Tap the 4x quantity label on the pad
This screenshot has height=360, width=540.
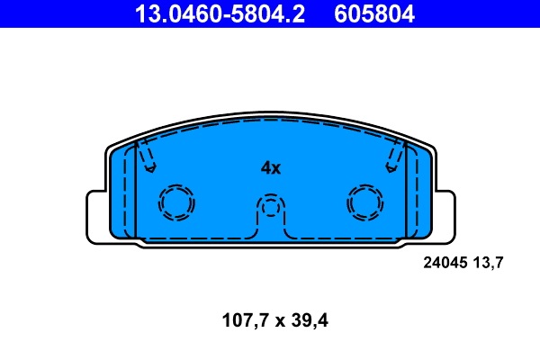pyautogui.click(x=271, y=167)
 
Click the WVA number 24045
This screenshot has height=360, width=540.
pyautogui.click(x=445, y=264)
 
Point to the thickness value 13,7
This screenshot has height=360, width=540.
pyautogui.click(x=487, y=264)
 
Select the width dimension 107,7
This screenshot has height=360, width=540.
pyautogui.click(x=241, y=319)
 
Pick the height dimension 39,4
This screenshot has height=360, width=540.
pyautogui.click(x=307, y=319)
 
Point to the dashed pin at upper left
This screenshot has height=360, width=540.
pyautogui.click(x=145, y=157)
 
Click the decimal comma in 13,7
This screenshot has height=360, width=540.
pyautogui.click(x=489, y=268)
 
